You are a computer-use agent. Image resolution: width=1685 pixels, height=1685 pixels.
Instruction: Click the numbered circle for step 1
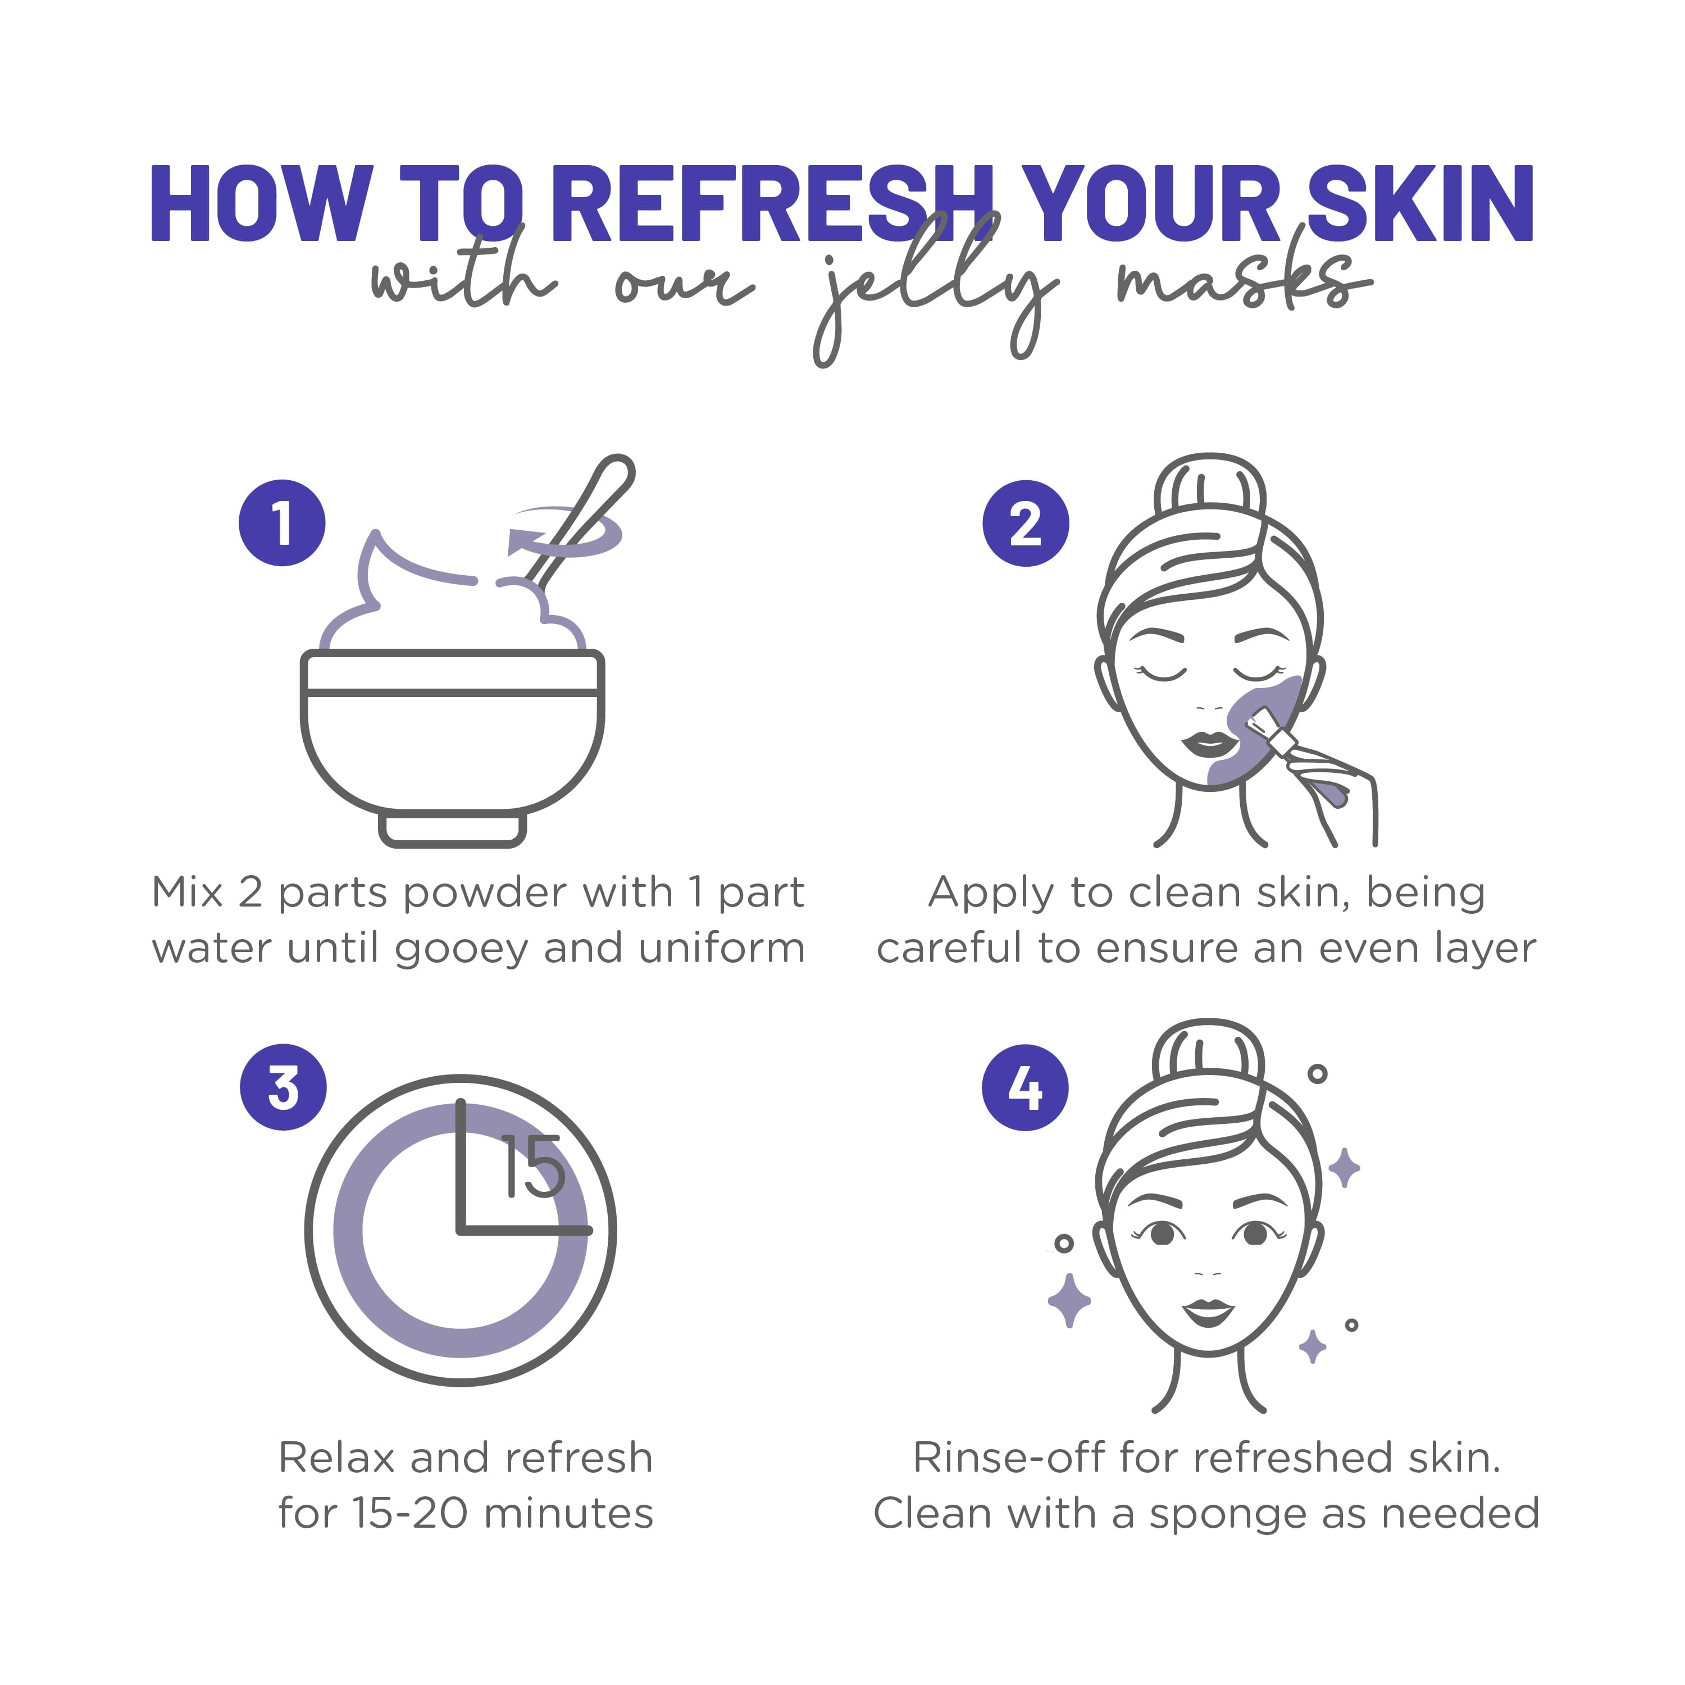pyautogui.click(x=282, y=523)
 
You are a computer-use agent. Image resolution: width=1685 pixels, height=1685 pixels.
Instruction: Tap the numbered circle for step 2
pyautogui.click(x=1026, y=523)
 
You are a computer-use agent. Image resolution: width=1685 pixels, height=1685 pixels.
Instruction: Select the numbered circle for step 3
pyautogui.click(x=284, y=1087)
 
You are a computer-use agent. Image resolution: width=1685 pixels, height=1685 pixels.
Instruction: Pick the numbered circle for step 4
pyautogui.click(x=1026, y=1087)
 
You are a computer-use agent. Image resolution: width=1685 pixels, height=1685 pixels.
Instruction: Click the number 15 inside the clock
pyautogui.click(x=533, y=1167)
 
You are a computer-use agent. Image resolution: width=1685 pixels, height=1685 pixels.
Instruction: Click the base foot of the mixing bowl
pyautogui.click(x=452, y=828)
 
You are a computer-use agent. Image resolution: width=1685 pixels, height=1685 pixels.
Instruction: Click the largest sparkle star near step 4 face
pyautogui.click(x=1069, y=1300)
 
